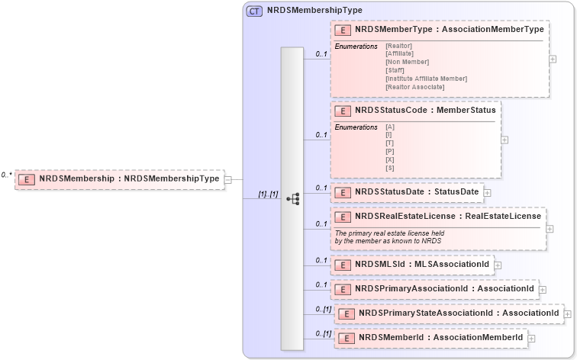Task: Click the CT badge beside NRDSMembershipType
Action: pos(254,11)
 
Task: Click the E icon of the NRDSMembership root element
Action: pos(27,179)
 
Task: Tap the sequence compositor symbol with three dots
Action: pos(292,198)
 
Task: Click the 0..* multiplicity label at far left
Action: pos(7,175)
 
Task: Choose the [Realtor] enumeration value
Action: pos(400,46)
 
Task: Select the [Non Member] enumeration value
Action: pos(407,62)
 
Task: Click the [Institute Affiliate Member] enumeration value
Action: pos(426,79)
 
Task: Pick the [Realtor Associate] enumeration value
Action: pos(414,87)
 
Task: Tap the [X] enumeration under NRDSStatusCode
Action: pos(390,159)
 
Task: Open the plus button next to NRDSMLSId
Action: pos(498,265)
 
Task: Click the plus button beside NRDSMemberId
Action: pos(531,338)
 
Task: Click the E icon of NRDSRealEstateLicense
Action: pos(343,217)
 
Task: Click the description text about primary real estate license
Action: pos(388,236)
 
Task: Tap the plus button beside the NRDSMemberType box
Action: pos(553,59)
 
